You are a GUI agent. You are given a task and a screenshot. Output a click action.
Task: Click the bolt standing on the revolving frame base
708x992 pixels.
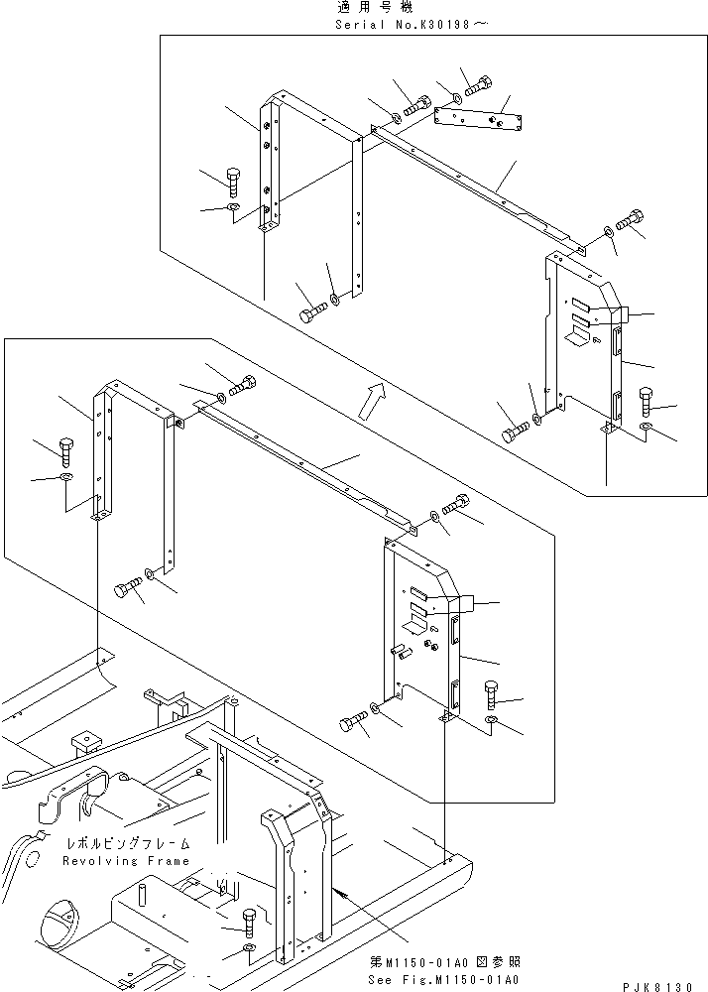(249, 923)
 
